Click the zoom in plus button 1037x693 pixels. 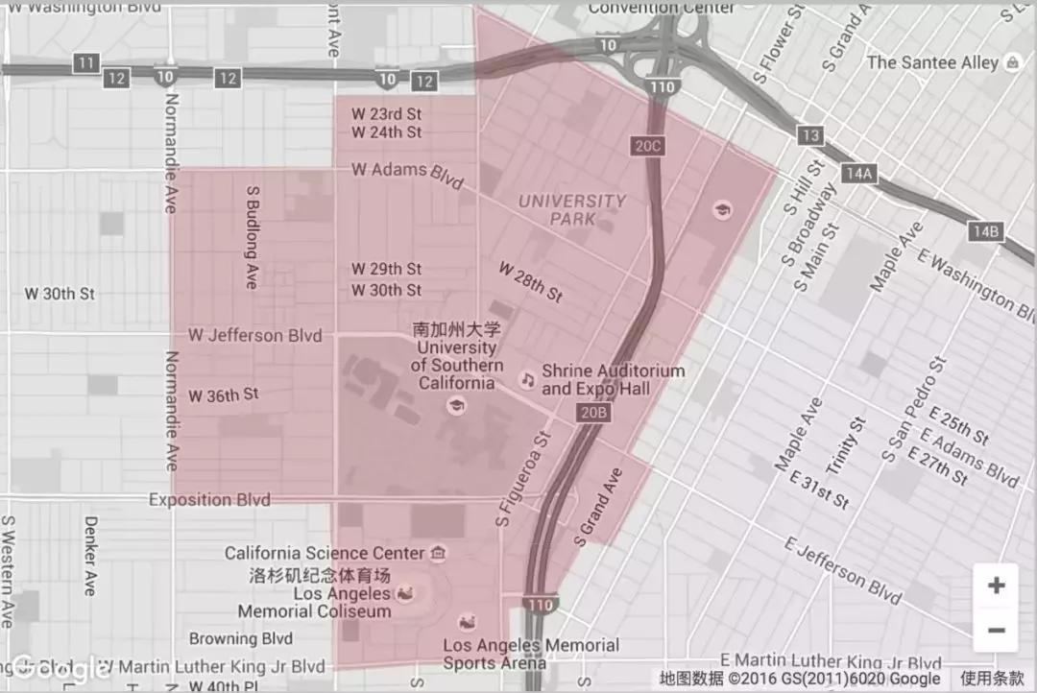point(996,585)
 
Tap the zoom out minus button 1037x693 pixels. point(996,631)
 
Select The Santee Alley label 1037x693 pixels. point(932,62)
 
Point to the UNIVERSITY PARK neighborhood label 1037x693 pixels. point(572,209)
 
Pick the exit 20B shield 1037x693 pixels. point(594,413)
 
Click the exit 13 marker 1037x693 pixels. point(810,135)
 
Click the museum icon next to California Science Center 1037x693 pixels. point(438,553)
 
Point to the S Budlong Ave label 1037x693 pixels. point(253,237)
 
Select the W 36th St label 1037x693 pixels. point(223,394)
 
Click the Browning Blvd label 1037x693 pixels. point(240,638)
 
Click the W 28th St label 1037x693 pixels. point(530,282)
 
